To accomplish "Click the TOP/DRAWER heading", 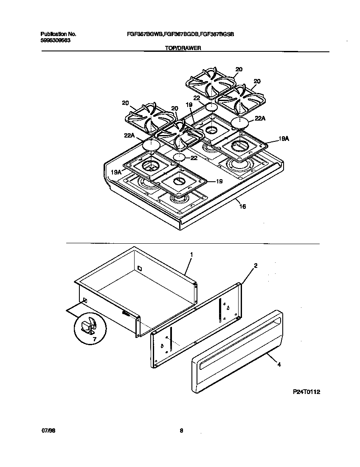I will [183, 48].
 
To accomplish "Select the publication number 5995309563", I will [55, 40].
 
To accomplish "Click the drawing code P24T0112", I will [306, 392].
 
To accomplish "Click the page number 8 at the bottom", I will [181, 430].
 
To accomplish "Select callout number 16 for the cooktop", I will [242, 207].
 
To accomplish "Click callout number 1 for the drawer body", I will [191, 254].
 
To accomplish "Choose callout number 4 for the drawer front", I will [278, 364].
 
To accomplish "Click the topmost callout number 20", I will [239, 69].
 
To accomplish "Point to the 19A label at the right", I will [284, 138].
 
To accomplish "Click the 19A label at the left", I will [115, 172].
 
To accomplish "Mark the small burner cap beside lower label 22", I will [179, 158].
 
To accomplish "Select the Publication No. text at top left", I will [58, 34].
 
